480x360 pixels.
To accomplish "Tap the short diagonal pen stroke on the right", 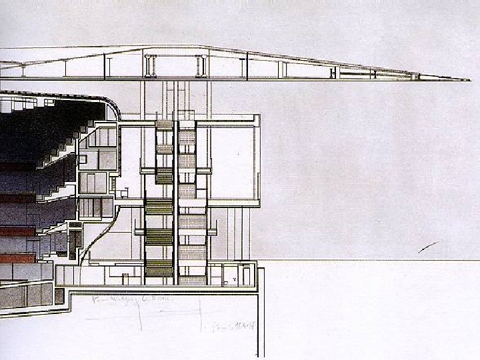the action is pos(428,247).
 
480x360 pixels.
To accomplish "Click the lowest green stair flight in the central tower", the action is pos(159,268).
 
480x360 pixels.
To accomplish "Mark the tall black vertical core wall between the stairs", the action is pos(175,200).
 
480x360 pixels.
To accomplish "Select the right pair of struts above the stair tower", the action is pos(201,65).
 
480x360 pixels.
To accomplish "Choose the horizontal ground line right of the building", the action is pos(367,260).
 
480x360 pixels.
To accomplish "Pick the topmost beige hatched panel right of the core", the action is pos(187,137).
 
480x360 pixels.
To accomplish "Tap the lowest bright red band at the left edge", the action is pos(17,257).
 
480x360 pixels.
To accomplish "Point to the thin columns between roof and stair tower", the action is pos(175,100).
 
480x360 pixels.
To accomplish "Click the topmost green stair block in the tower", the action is pos(164,125).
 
